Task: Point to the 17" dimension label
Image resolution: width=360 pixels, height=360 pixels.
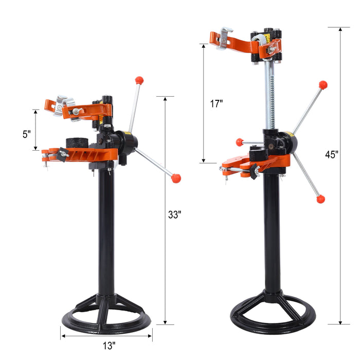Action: tap(217, 103)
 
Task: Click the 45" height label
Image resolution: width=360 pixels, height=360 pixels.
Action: tap(332, 154)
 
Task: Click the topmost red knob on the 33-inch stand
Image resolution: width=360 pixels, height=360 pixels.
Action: tap(139, 80)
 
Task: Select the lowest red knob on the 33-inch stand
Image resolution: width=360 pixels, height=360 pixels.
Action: tap(176, 178)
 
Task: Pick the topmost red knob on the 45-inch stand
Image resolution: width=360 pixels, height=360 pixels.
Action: tap(322, 85)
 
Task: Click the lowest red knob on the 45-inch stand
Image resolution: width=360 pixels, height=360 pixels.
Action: tap(321, 199)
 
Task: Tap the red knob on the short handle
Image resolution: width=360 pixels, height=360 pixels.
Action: tap(240, 142)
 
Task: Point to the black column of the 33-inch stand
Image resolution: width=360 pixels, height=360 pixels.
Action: tap(106, 231)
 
